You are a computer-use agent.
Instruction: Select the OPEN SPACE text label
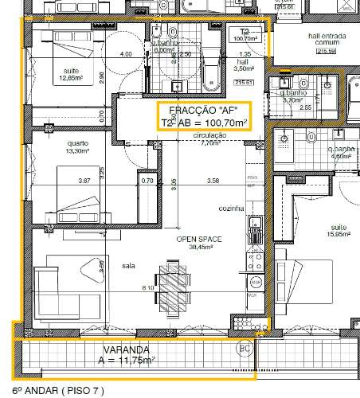(x=198, y=239)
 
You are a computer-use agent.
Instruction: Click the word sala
(x=128, y=267)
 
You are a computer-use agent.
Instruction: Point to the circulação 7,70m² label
(x=210, y=139)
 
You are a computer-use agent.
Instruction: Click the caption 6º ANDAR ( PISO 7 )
(x=53, y=391)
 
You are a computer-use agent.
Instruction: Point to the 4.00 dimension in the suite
(x=126, y=54)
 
